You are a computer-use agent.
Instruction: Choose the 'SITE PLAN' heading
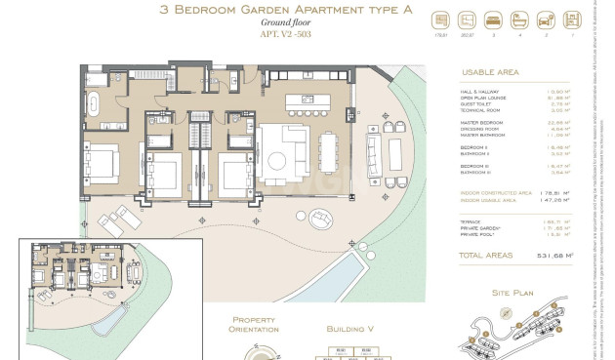click(x=512, y=292)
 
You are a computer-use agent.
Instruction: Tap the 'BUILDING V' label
click(x=348, y=330)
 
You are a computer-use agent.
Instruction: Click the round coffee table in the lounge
click(x=275, y=159)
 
